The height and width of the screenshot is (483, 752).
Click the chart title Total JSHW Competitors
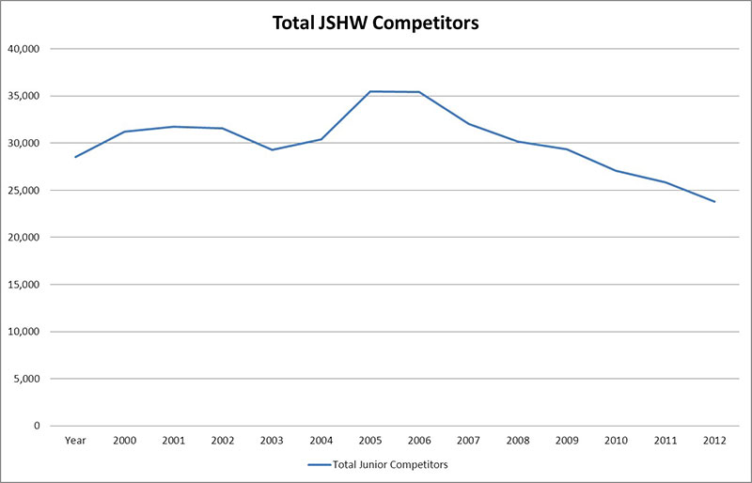pyautogui.click(x=376, y=23)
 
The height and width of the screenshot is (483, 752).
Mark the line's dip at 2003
pyautogui.click(x=273, y=149)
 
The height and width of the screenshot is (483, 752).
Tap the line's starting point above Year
pyautogui.click(x=74, y=157)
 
